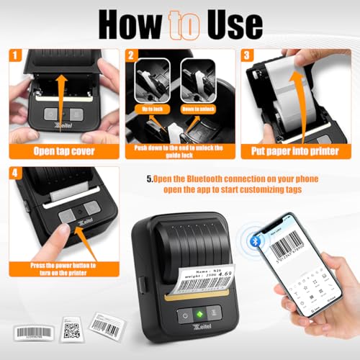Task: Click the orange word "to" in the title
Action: [x=180, y=23]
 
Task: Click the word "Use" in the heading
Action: [x=230, y=23]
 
